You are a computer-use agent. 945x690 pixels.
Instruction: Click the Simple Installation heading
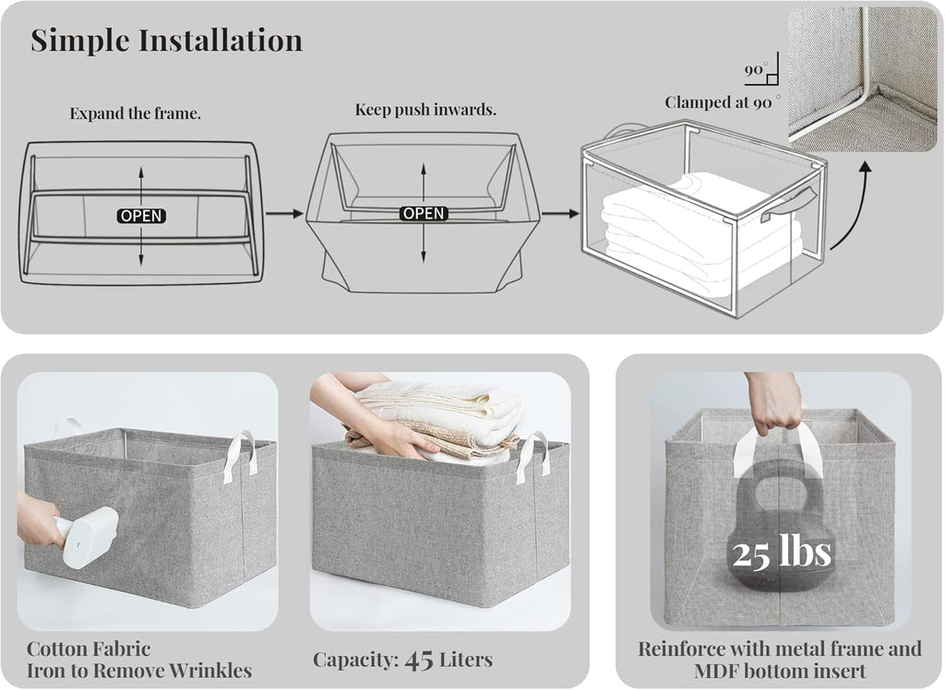click(x=166, y=41)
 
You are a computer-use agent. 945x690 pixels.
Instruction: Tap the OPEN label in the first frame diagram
click(x=141, y=216)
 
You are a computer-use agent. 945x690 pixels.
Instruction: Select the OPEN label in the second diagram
click(x=424, y=213)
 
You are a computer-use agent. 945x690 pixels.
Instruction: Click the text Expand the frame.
click(x=135, y=113)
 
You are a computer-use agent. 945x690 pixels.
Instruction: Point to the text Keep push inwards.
click(x=425, y=110)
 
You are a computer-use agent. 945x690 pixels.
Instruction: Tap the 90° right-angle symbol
click(x=761, y=68)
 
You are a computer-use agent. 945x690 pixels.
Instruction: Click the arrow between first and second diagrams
click(x=284, y=213)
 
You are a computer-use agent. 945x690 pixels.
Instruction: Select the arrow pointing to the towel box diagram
click(x=560, y=213)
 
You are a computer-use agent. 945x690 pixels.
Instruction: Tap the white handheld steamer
click(x=88, y=534)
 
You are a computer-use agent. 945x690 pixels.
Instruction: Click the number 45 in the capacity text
click(x=419, y=660)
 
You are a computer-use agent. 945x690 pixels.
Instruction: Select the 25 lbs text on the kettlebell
click(x=782, y=552)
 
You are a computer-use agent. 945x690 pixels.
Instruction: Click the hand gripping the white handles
click(x=772, y=403)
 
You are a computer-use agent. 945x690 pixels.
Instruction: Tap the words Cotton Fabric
click(x=89, y=649)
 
